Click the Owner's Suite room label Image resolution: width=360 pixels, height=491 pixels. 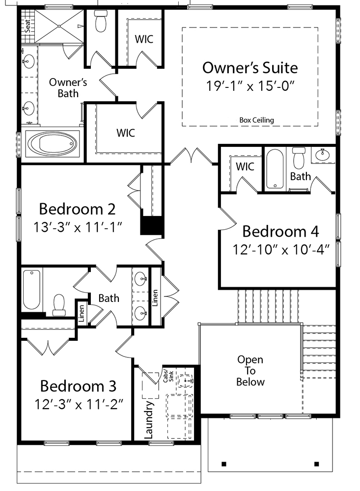250,67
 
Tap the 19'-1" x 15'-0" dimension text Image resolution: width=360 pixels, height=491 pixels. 250,85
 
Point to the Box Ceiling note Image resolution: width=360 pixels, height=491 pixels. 256,120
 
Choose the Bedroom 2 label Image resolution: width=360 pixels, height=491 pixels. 77,209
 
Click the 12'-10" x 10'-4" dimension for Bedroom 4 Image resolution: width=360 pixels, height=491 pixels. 280,248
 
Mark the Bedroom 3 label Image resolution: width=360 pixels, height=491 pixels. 78,385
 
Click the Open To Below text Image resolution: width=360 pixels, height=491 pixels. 250,371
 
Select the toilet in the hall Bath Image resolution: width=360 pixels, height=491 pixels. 59,305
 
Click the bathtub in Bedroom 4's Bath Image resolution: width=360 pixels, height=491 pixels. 275,169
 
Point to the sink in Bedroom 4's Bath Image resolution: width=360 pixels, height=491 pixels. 323,156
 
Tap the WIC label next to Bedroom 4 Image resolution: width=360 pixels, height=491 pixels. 245,166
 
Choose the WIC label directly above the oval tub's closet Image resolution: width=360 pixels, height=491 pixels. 126,133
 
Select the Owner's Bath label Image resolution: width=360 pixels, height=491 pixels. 68,87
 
